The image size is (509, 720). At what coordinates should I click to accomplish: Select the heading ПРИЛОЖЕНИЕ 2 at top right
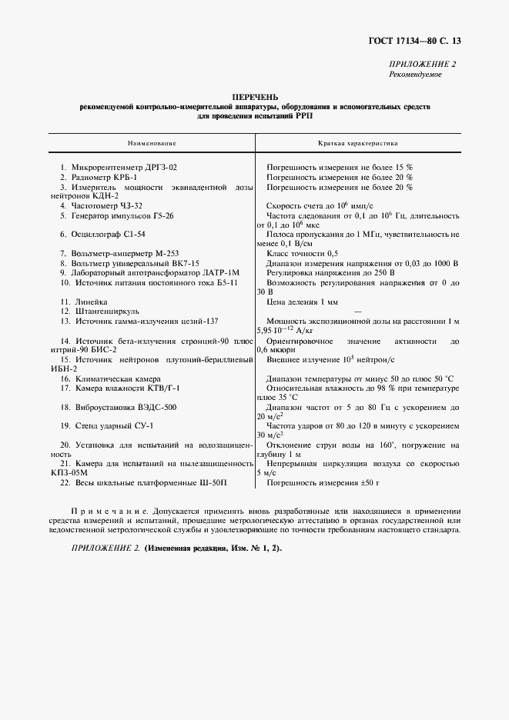(424, 65)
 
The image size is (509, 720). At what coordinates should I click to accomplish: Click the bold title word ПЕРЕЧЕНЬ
(254, 96)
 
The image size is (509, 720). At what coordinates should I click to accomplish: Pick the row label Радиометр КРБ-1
(104, 177)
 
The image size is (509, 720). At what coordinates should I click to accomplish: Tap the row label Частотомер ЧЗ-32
(107, 206)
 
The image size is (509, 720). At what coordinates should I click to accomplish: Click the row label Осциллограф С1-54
(112, 233)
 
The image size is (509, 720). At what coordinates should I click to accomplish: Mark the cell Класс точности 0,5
(302, 253)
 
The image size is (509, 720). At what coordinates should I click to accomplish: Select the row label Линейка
(90, 302)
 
